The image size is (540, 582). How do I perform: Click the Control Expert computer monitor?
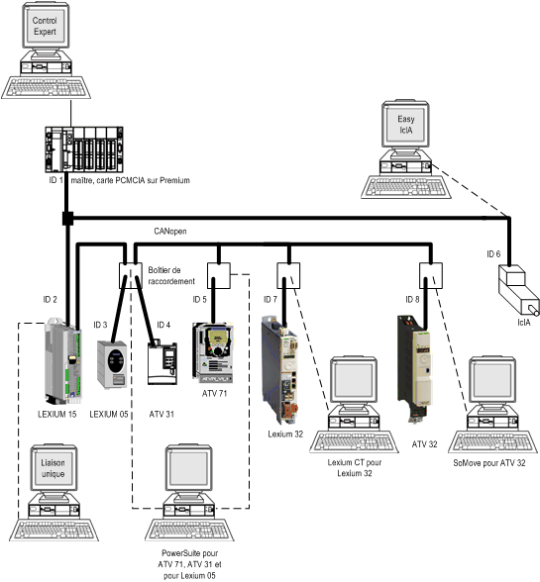point(45,26)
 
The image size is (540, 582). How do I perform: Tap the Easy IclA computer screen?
point(405,125)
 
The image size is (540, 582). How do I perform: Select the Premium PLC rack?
point(84,149)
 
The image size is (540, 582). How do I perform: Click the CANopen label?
point(170,232)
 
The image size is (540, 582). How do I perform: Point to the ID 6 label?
point(493,254)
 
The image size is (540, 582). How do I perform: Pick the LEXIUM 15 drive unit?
point(63,360)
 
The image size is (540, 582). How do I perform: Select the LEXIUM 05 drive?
point(112,364)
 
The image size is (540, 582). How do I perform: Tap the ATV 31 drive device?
point(162,363)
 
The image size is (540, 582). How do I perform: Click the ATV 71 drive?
point(213,352)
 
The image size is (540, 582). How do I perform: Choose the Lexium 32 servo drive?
point(279,370)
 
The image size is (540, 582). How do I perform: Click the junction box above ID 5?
point(219,276)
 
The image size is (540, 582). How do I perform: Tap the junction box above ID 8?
point(431,276)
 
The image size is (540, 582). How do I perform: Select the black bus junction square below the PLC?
point(67,218)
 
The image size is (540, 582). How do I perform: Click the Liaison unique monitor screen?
point(53,468)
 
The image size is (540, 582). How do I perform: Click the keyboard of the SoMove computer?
point(492,441)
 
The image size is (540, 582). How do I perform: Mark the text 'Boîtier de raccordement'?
point(171,276)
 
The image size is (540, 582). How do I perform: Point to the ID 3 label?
point(100,325)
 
